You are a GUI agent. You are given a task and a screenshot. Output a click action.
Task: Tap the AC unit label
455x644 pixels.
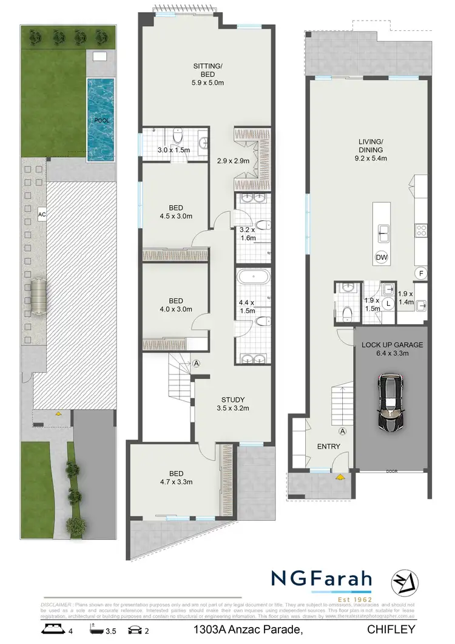click(42, 214)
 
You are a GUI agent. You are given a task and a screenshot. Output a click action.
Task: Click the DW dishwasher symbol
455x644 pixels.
click(382, 257)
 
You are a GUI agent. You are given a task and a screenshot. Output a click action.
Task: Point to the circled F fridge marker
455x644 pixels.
click(419, 274)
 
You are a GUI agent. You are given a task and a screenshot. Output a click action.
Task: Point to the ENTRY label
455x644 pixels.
click(328, 446)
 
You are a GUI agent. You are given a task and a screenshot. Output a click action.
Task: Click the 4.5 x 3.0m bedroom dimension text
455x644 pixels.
click(175, 215)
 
